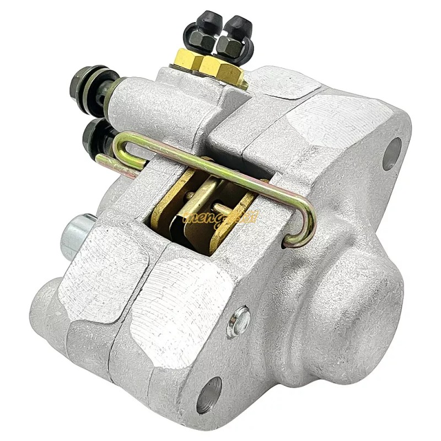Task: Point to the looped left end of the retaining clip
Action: (122, 144)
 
